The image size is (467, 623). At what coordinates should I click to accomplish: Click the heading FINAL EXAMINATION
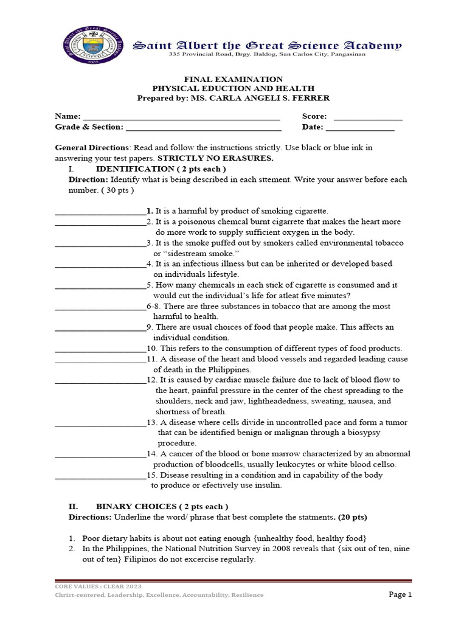coord(234,79)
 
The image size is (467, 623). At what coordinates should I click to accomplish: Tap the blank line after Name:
coord(181,117)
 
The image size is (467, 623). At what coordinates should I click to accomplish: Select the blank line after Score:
coord(368,117)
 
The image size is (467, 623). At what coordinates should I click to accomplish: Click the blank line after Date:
coord(360,128)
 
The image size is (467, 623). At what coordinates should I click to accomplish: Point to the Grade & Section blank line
coord(204,128)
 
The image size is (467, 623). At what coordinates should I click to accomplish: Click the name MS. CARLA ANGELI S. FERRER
coord(278,99)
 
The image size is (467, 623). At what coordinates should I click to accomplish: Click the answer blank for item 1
coord(100,212)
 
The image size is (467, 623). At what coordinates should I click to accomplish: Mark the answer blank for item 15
coord(100,476)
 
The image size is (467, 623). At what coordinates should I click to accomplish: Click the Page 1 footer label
coord(400,594)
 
